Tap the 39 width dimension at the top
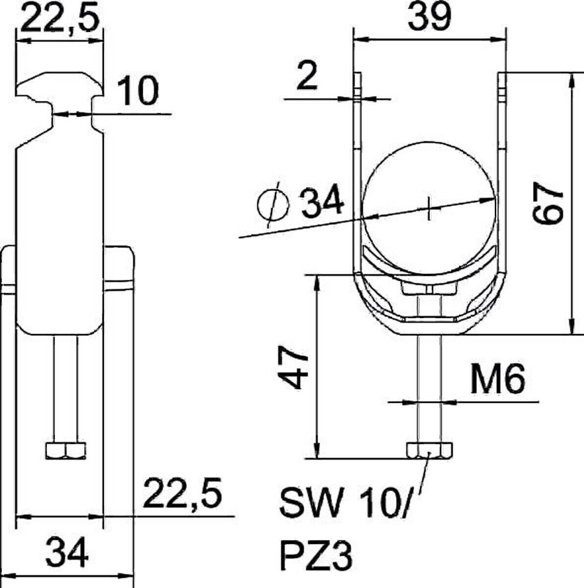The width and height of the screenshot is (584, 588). [429, 17]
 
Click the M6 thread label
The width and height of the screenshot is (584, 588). [497, 380]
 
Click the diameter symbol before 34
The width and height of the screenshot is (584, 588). [273, 205]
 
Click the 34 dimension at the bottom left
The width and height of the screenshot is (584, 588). [67, 552]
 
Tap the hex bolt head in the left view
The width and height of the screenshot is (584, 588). [66, 450]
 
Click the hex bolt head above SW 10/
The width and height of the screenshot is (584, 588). [430, 450]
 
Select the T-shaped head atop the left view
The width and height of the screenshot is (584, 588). [60, 86]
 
